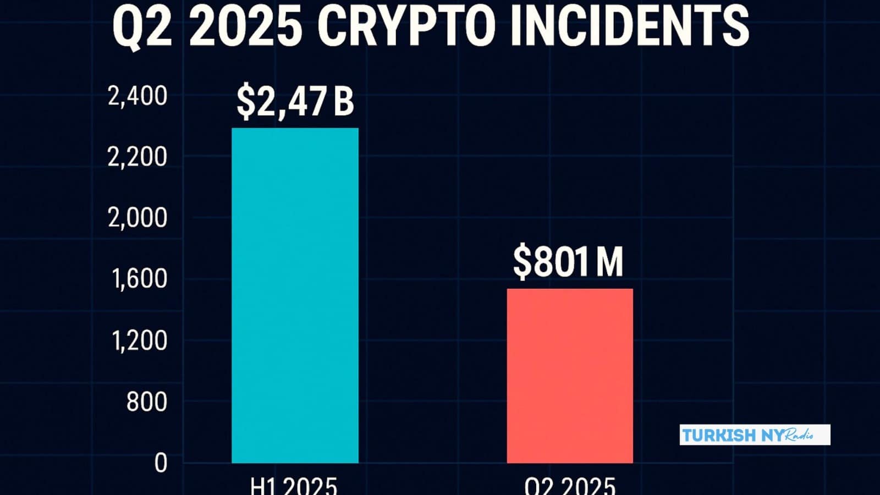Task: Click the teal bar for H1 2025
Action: coord(295,295)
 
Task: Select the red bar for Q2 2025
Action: coord(570,376)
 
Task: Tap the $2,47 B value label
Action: coord(295,102)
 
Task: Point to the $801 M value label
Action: coord(568,262)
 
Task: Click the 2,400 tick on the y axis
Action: coord(137,96)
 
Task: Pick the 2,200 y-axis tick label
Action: coord(137,157)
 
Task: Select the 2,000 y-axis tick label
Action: coord(137,218)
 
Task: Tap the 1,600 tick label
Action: coord(139,279)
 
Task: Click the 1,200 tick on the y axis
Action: coord(139,341)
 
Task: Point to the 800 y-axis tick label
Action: coord(146,402)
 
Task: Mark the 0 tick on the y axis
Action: coord(161,463)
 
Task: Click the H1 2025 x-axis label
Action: coord(294,486)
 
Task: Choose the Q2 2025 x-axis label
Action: coord(570,486)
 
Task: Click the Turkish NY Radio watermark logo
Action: coord(755,435)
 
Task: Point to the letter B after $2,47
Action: coord(343,102)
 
